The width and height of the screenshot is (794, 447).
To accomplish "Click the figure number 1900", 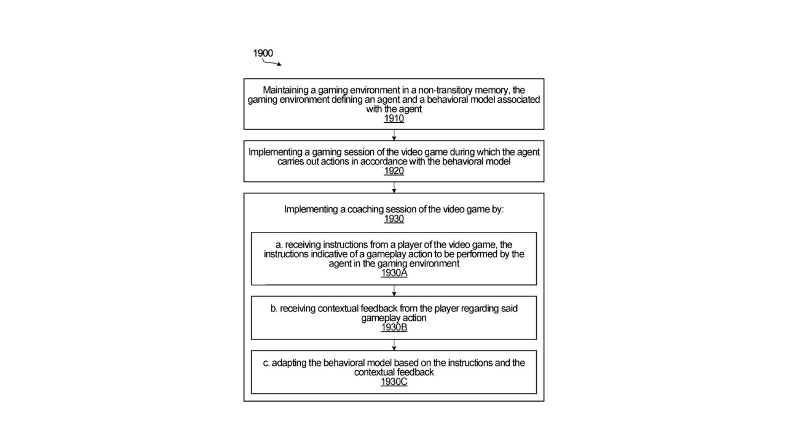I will point(263,53).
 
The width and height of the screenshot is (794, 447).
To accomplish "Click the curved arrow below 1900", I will point(271,63).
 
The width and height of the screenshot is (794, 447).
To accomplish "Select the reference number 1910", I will point(394,119).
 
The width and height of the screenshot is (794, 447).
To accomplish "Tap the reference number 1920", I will point(394,171).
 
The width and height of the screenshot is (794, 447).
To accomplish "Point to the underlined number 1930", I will point(394,219).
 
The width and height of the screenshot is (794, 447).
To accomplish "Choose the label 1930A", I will point(394,273).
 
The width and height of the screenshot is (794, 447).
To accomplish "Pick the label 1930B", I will point(394,327).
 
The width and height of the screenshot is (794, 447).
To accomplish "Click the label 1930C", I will point(394,381).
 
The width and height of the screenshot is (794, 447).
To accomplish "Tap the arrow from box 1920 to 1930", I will point(394,188).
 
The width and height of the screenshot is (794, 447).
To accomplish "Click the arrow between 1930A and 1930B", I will point(394,291).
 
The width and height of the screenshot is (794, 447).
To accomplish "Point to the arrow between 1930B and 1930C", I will point(394,345).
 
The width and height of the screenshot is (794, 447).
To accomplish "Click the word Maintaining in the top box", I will point(285,90).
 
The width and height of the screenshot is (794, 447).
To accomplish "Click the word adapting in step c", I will point(289,363).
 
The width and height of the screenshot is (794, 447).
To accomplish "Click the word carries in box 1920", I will point(290,161).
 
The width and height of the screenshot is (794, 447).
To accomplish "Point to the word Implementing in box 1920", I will point(275,152).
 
